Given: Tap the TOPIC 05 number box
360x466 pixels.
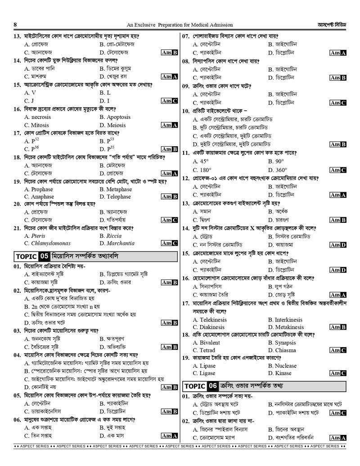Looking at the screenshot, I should tap(44, 257).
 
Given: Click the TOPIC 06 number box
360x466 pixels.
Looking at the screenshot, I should tap(212, 386).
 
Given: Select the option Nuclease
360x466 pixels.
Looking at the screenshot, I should tap(282, 366).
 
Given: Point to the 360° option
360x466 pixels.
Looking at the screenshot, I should tap(277, 170).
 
